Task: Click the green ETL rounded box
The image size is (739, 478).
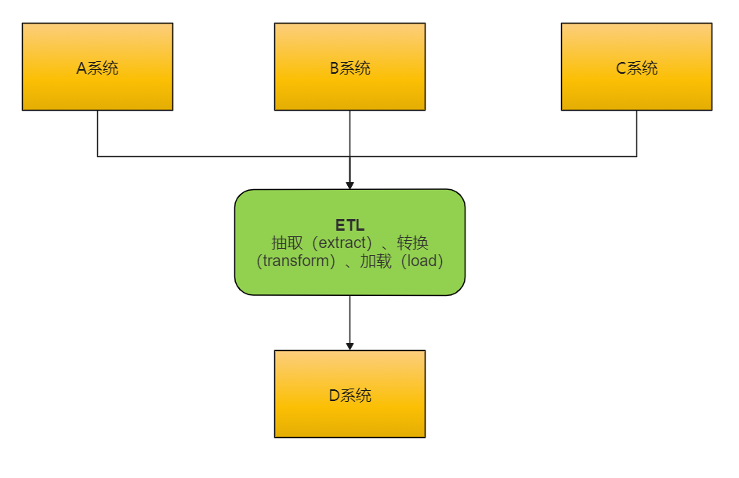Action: [350, 283]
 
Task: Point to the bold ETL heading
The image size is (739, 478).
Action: [350, 226]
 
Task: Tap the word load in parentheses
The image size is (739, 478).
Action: [422, 261]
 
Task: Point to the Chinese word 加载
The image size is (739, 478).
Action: [375, 261]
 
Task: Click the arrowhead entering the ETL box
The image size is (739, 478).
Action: [350, 185]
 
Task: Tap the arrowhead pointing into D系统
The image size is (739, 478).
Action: [350, 346]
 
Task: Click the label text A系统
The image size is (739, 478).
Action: [97, 68]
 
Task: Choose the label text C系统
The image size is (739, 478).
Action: [636, 68]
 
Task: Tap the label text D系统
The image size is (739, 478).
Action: [350, 395]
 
